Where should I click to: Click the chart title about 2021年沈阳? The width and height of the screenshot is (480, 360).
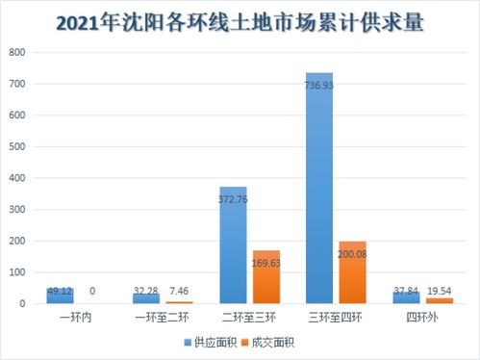tap(240, 20)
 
